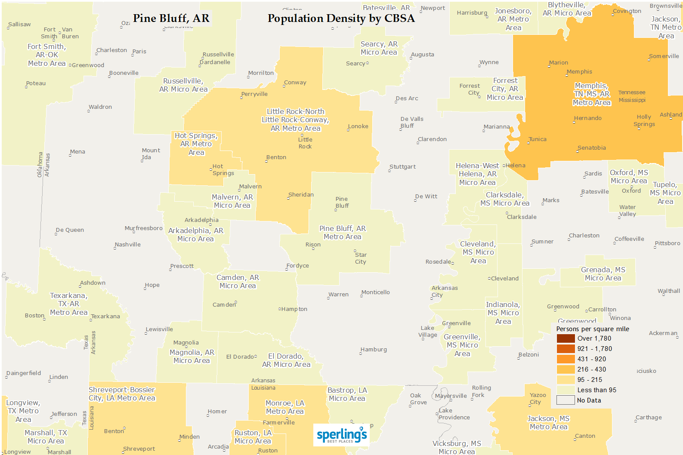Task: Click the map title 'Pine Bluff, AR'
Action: (171, 18)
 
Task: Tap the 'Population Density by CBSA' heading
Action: (341, 18)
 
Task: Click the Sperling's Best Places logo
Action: (342, 435)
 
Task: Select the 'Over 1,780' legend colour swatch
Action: (566, 338)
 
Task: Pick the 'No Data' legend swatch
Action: (566, 400)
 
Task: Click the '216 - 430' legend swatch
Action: (566, 369)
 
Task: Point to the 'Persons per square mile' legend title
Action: (593, 329)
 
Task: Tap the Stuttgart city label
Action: (402, 167)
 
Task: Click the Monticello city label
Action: (375, 292)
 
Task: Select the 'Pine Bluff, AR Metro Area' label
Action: (343, 233)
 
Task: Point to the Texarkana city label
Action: (105, 317)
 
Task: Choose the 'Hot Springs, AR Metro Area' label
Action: (196, 144)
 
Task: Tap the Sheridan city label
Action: (301, 195)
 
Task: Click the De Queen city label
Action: (70, 230)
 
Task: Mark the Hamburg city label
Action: (374, 350)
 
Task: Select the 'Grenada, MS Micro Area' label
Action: (603, 274)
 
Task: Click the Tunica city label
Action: (538, 139)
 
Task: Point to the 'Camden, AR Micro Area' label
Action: (238, 282)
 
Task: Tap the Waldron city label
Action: (100, 107)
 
